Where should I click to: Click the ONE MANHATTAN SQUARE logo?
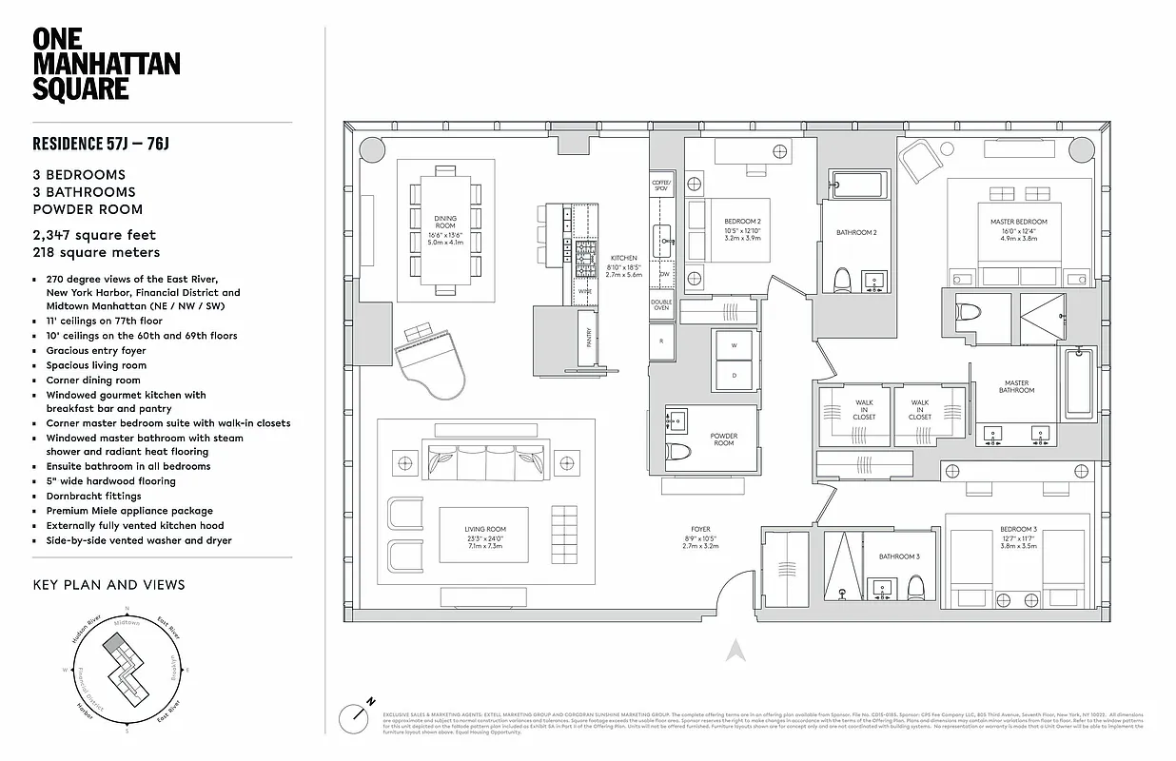pos(106,64)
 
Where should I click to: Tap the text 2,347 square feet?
pos(93,235)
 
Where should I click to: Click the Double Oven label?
pos(661,305)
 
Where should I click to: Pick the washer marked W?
pos(735,346)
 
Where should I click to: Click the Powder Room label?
pos(724,439)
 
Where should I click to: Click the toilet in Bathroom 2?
pos(841,279)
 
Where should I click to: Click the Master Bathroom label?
pos(1016,386)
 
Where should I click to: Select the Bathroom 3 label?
pos(898,556)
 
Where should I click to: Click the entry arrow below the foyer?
pos(734,651)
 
